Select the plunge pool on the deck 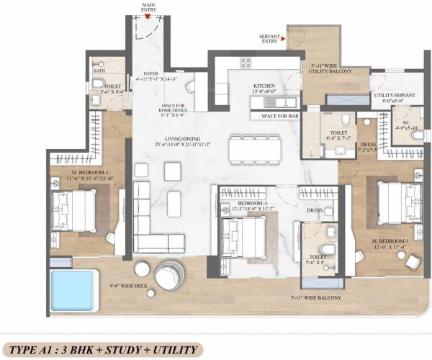pos(73,289)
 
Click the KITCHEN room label pos(264,86)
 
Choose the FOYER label pos(150,73)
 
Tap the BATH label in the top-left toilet pos(99,71)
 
